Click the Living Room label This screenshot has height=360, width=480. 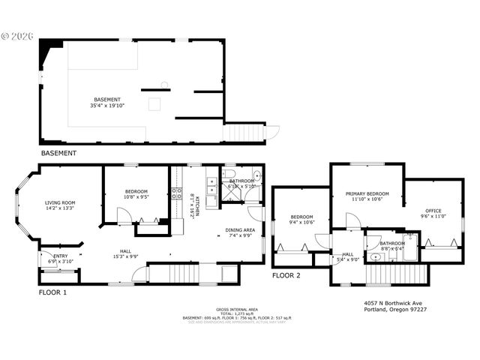click(x=60, y=202)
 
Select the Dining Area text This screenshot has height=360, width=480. click(x=240, y=231)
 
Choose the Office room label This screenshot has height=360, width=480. click(x=433, y=211)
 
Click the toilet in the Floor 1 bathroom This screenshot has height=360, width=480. click(x=257, y=178)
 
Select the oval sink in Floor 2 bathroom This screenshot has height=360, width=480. click(x=376, y=257)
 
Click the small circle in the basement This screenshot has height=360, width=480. click(x=164, y=84)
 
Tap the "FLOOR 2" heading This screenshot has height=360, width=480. click(x=286, y=275)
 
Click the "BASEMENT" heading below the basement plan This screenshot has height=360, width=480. click(x=58, y=153)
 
